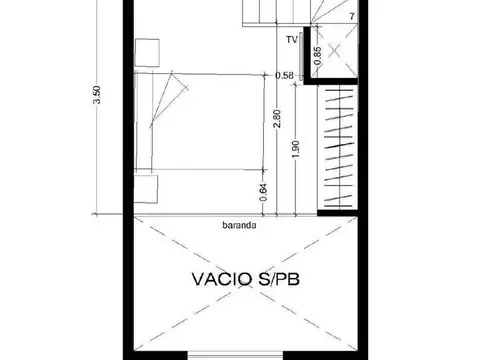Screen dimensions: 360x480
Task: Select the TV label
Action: click(291, 41)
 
